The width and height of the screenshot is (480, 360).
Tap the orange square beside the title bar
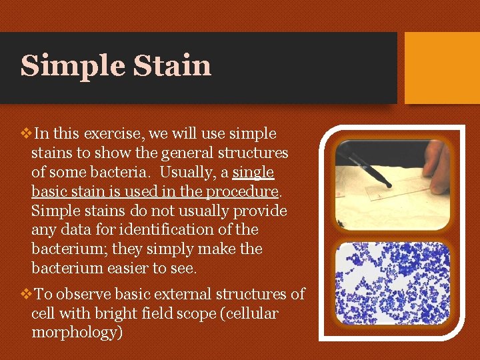tap(442, 68)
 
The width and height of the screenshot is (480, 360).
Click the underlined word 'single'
tap(253, 173)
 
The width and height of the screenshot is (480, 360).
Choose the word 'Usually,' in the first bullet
tap(189, 173)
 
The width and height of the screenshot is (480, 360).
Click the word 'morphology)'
tap(77, 333)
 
